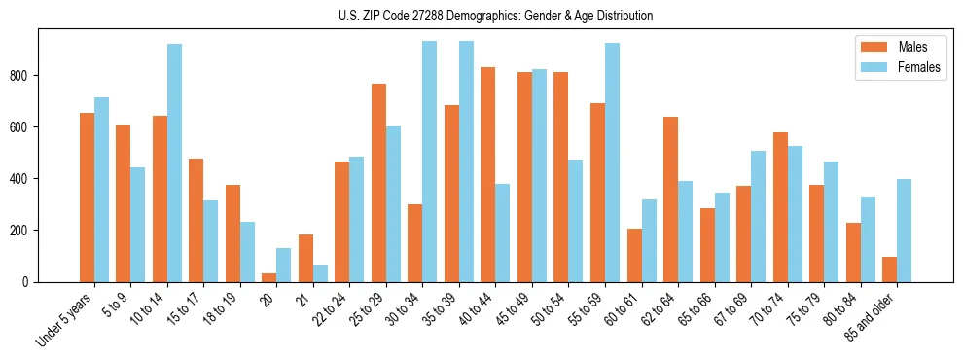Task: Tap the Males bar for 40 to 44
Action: (488, 175)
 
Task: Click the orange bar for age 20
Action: (269, 277)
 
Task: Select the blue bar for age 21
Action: (320, 273)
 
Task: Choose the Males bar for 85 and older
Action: (890, 270)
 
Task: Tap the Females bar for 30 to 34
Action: (430, 162)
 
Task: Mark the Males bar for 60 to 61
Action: (634, 255)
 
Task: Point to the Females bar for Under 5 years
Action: (101, 190)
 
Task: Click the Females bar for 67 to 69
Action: (759, 216)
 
